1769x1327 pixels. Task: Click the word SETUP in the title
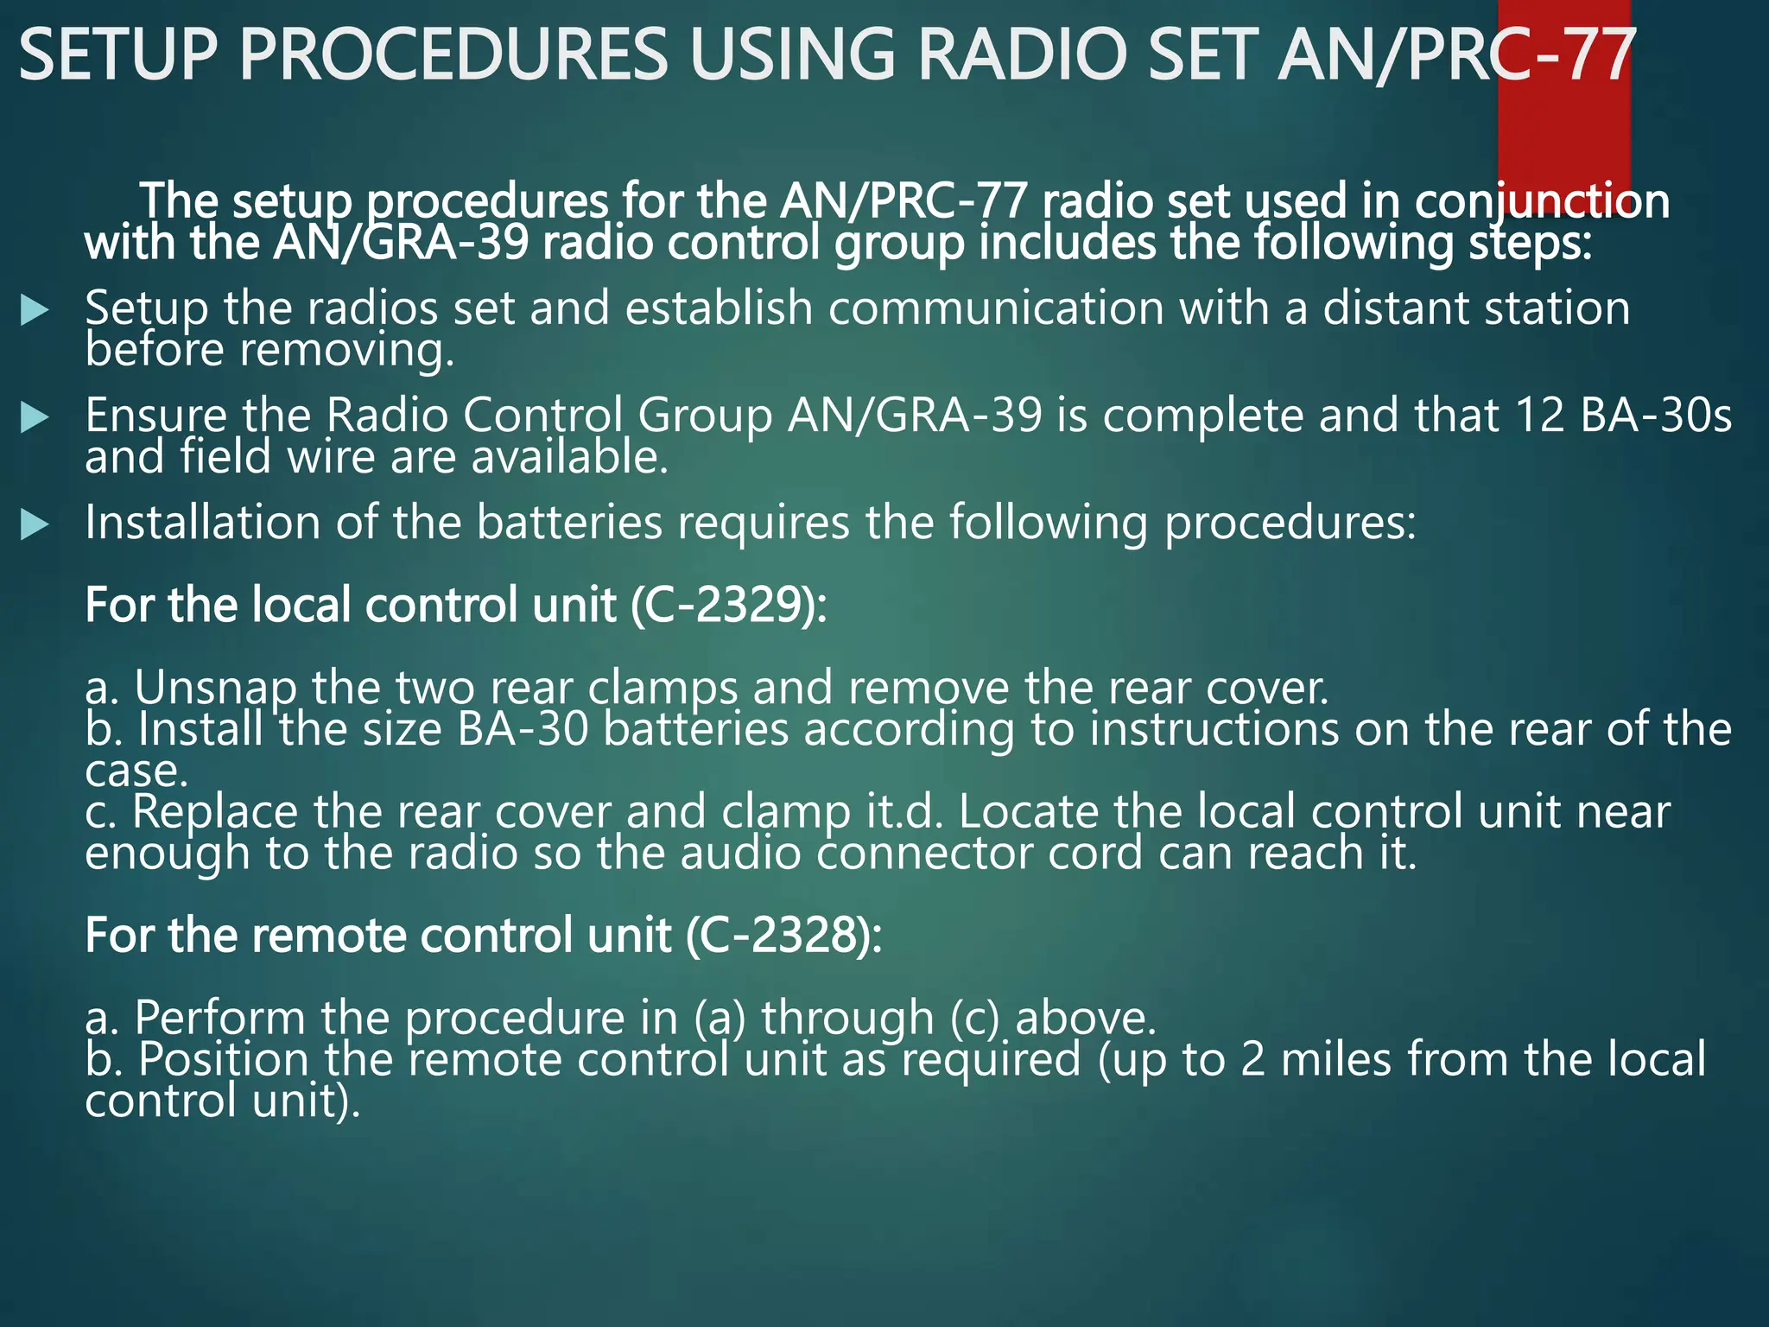point(117,54)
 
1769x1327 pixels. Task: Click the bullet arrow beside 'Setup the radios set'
point(35,311)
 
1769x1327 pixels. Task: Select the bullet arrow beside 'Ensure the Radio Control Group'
point(35,418)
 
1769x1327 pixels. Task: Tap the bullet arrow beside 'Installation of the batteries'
point(35,524)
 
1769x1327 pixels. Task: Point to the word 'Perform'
point(220,1018)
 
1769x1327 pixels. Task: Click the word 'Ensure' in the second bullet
point(155,416)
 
